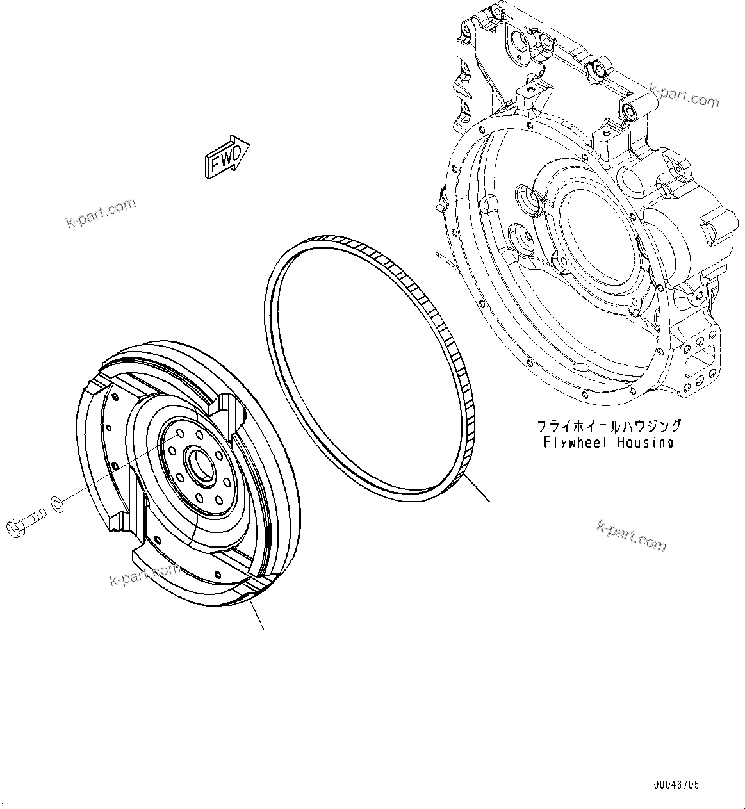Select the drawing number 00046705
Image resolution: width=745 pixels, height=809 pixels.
[x=676, y=785]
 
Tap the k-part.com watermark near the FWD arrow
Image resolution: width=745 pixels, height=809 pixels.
[x=101, y=213]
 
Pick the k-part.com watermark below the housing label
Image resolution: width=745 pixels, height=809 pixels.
[x=631, y=535]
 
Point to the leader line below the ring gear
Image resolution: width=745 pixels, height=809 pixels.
[x=478, y=489]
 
